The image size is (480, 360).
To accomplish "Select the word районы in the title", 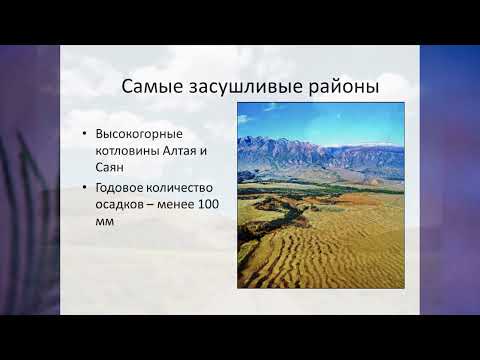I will tap(342, 87).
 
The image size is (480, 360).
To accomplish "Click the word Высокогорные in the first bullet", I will tap(135, 133).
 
